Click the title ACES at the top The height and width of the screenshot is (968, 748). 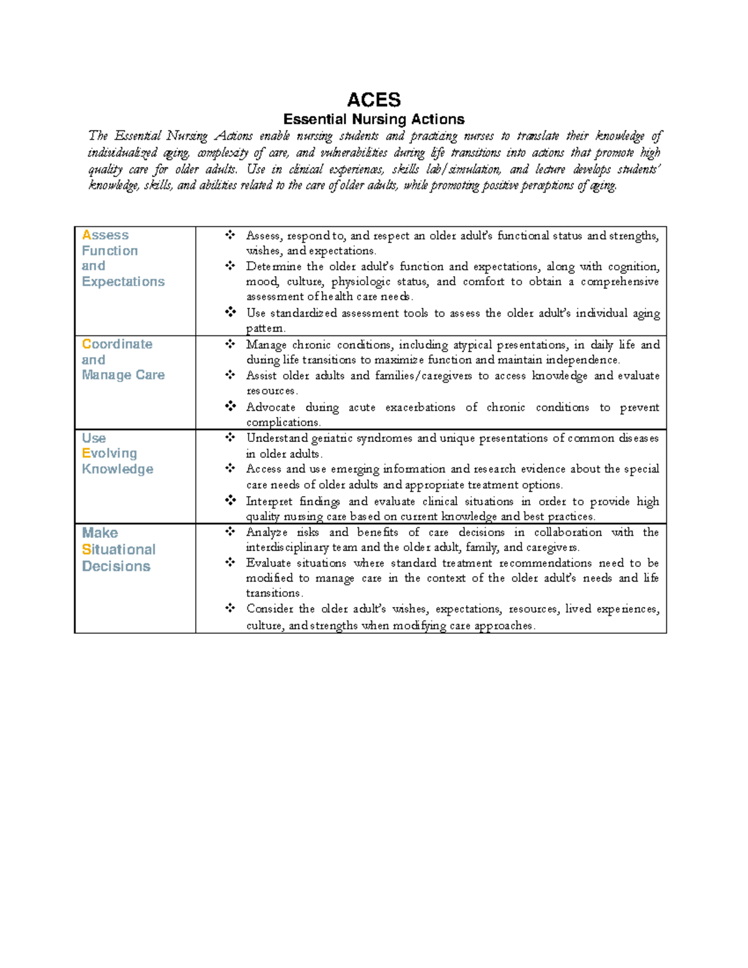[x=373, y=100]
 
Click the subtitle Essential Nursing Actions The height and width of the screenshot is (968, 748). [x=373, y=119]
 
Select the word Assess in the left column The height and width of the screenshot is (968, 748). [x=105, y=235]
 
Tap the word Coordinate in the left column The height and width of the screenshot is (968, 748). [x=117, y=344]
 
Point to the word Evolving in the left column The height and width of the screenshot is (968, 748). [x=109, y=453]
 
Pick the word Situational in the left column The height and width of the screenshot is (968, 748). [x=118, y=549]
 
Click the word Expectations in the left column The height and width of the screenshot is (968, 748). [x=123, y=282]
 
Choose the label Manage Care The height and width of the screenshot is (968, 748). [x=123, y=375]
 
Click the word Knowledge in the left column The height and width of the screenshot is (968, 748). [x=117, y=469]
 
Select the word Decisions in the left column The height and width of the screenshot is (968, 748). [x=116, y=566]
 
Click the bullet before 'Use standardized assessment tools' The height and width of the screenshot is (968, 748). [x=231, y=312]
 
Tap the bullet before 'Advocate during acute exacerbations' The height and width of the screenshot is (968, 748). [x=231, y=406]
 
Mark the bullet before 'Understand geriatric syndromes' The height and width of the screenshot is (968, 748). [x=231, y=437]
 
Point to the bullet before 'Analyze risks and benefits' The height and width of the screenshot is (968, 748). [x=231, y=531]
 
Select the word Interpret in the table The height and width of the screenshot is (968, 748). [x=269, y=501]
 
